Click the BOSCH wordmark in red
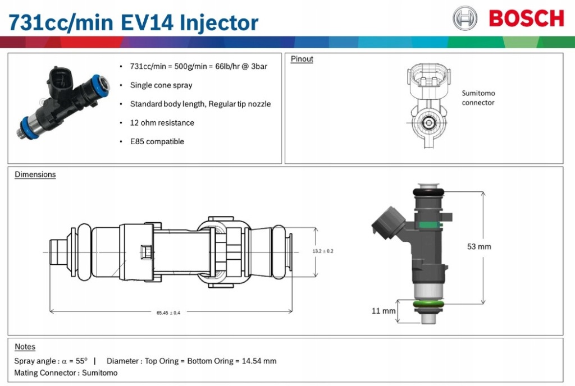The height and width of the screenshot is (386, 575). [x=526, y=19]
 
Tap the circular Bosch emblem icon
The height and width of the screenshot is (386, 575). [x=465, y=19]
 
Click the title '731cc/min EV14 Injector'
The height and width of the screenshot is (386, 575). [x=133, y=22]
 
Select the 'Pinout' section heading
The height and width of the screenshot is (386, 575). [x=302, y=59]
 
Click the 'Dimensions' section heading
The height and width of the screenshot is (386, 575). [x=35, y=174]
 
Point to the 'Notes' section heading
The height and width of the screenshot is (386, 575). [x=25, y=347]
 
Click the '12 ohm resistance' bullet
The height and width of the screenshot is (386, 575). [x=162, y=123]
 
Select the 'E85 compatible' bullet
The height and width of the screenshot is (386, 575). [x=157, y=141]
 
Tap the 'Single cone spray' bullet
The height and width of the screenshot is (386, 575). [x=161, y=85]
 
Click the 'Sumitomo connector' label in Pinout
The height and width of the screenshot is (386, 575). [x=478, y=98]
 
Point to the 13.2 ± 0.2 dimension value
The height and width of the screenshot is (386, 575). [x=323, y=251]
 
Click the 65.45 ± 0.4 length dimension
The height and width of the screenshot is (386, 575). [x=168, y=313]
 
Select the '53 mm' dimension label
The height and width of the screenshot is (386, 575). [x=479, y=246]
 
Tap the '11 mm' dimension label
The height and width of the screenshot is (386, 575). [x=384, y=310]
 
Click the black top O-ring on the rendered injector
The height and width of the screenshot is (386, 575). [x=430, y=192]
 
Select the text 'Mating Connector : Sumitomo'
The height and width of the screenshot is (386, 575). [x=66, y=373]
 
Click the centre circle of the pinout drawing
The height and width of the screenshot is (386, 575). [x=428, y=122]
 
